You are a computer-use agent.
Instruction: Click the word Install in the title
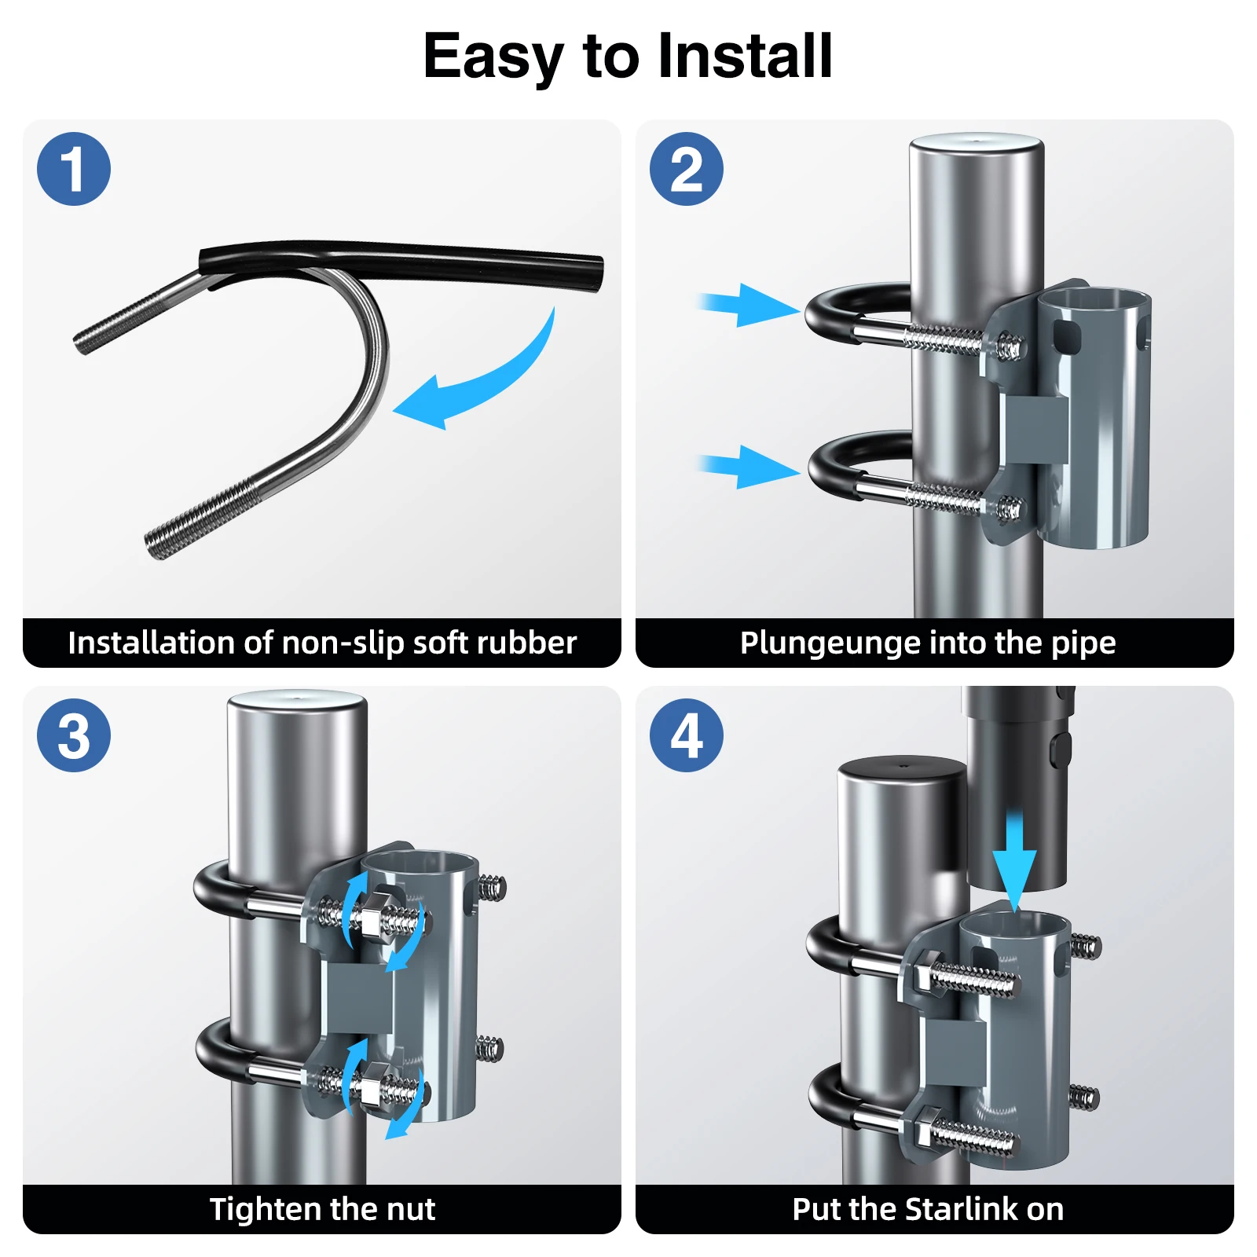(x=745, y=57)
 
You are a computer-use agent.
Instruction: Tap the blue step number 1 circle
(x=74, y=169)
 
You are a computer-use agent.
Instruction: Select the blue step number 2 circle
(x=687, y=169)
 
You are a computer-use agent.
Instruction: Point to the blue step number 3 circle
(x=74, y=735)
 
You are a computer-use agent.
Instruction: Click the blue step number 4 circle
(x=687, y=735)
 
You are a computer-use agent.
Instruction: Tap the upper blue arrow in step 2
(x=748, y=305)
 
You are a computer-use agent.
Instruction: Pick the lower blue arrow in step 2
(x=748, y=467)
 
